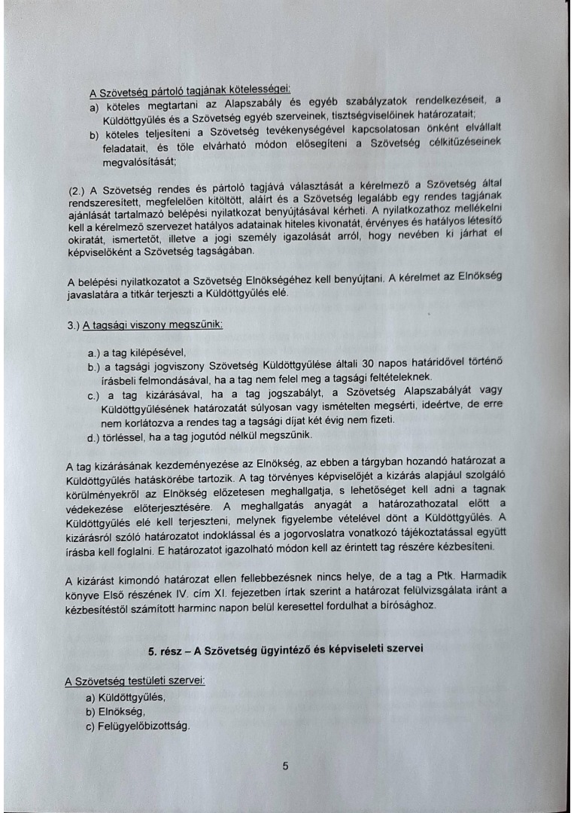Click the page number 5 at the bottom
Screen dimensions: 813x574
coord(285,766)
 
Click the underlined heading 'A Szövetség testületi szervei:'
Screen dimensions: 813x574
coord(135,681)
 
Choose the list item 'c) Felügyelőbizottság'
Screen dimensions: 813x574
coord(139,725)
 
